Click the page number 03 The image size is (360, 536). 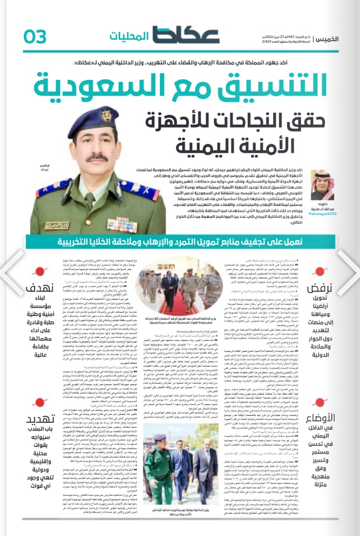(x=35, y=36)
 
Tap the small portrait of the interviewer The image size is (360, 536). (x=323, y=185)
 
